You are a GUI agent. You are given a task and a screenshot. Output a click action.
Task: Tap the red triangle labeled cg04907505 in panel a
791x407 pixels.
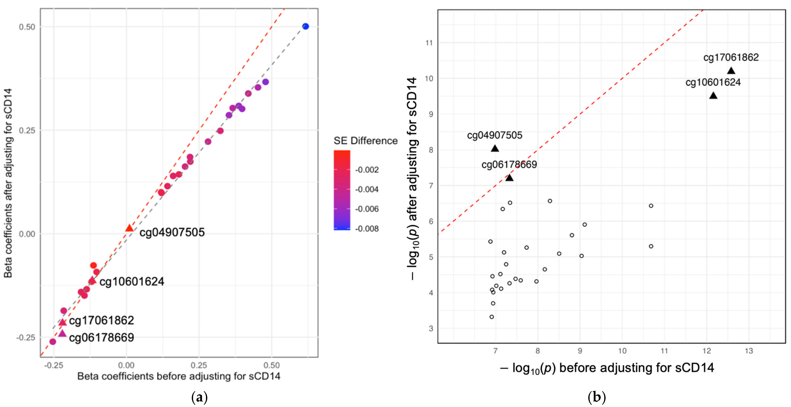coord(129,228)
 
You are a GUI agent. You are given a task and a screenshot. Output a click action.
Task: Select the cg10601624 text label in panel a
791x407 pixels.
coord(132,282)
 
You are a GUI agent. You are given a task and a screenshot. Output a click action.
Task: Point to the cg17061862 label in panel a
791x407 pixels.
coord(101,320)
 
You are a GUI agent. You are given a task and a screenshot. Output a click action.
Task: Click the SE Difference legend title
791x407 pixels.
coord(365,141)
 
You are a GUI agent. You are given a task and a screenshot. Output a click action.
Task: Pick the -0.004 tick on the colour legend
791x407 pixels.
coord(367,189)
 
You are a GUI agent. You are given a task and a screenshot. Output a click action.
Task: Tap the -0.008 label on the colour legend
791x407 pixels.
coord(367,229)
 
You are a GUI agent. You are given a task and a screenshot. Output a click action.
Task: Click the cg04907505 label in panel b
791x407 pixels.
coord(494,135)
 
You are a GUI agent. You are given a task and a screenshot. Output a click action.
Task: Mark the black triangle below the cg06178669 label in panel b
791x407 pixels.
coord(509,178)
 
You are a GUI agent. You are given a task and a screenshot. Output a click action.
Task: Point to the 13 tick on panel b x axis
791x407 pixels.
coord(749,351)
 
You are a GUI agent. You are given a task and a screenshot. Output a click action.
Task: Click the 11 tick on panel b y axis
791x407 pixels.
coord(429,43)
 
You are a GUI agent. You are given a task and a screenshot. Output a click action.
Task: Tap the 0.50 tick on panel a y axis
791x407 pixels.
coord(27,27)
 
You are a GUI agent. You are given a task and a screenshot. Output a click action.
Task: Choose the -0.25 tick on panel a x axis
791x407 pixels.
coord(54,365)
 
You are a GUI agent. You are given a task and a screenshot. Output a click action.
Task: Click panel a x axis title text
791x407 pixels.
coord(179,376)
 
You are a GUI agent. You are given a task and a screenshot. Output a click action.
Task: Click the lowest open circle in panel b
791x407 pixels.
coord(492,317)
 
